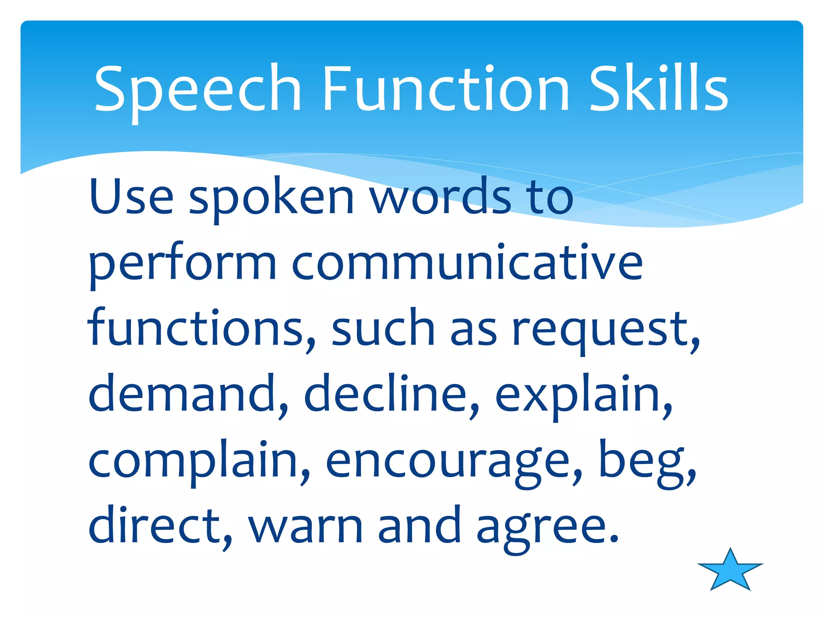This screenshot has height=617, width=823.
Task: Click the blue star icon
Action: [730, 570]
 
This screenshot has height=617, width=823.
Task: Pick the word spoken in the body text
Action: [271, 199]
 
